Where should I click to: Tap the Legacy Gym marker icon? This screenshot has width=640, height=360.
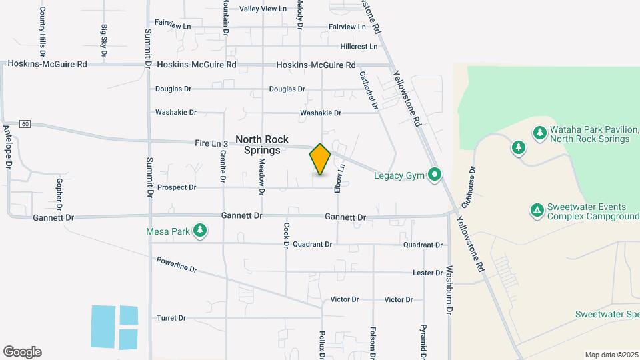coord(435,175)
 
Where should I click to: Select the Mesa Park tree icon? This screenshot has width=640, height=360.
coord(199,231)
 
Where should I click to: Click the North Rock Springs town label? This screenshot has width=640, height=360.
coord(262,145)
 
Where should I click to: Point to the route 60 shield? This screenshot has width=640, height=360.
coord(25,124)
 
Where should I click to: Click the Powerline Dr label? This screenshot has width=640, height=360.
coord(177,265)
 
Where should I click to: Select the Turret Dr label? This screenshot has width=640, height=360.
coord(171,318)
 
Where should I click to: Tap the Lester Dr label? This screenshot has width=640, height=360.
coord(427,273)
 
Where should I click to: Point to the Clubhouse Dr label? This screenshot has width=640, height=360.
coord(471,184)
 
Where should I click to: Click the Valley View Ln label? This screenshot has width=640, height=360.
coord(263,9)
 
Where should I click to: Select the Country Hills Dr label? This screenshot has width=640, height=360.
coord(43,31)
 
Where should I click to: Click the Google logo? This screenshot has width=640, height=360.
coord(22,352)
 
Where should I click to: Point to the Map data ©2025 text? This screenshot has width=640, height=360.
coord(610,355)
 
